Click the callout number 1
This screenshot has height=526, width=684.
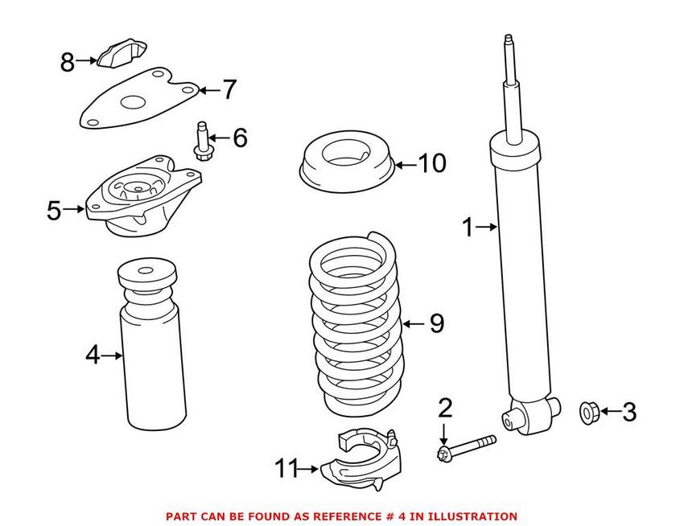(468, 228)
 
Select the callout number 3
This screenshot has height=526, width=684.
(628, 413)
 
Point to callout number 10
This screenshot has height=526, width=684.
(431, 164)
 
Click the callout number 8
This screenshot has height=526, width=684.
(68, 61)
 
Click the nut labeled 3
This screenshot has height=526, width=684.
(587, 413)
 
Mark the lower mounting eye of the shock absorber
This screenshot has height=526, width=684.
(510, 418)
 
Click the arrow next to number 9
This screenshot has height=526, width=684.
(412, 324)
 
